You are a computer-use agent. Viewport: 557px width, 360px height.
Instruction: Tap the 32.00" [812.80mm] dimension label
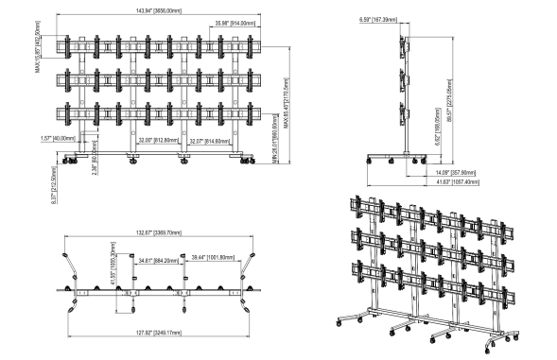click(156, 140)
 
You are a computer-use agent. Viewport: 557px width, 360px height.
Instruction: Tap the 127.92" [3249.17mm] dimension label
click(157, 332)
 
